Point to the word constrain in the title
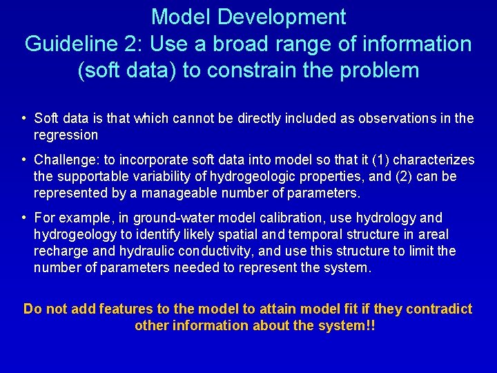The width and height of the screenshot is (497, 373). (257, 70)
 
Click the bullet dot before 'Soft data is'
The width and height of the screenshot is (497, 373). (24, 119)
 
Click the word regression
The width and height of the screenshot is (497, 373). (66, 135)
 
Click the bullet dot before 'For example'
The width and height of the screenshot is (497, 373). (24, 218)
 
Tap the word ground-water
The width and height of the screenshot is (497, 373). (155, 218)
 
